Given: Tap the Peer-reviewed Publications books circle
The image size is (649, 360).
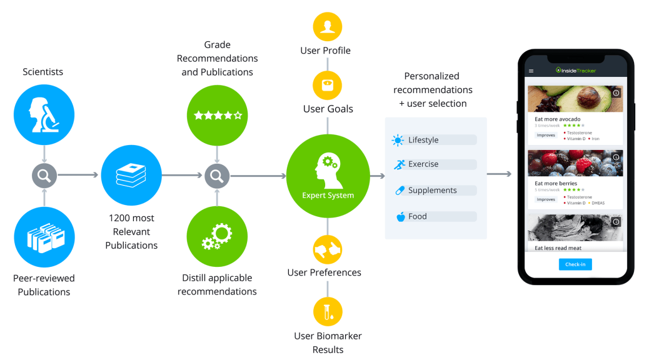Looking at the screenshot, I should (x=44, y=237).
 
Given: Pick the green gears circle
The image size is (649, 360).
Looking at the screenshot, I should (x=217, y=237).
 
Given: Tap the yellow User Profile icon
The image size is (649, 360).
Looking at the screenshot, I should (x=328, y=27).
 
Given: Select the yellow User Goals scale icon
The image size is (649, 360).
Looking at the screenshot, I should (x=328, y=86).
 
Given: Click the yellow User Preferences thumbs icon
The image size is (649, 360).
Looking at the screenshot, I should (x=328, y=250).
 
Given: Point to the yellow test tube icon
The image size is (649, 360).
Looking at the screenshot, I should (x=328, y=311).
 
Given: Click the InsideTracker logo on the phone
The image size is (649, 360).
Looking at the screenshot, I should (x=576, y=71).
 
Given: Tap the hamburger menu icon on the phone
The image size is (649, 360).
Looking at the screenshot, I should (x=531, y=71).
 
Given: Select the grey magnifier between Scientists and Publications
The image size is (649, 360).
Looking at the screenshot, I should (x=44, y=176).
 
